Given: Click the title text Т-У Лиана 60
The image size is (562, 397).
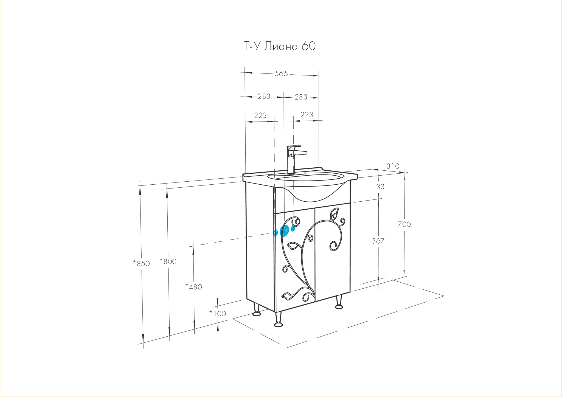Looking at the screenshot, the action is click(280, 46).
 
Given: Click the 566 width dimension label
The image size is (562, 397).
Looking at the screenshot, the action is click(281, 74).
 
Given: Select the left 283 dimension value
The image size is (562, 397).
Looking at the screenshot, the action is click(264, 96).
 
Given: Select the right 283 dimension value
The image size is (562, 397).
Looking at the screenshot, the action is click(301, 97).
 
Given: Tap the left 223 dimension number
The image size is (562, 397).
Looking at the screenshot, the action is click(260, 116).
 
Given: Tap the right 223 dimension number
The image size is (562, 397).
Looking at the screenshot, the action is click(307, 114).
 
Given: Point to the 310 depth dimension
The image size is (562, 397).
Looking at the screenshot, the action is click(393, 166).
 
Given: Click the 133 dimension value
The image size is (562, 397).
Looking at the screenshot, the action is click(378, 187).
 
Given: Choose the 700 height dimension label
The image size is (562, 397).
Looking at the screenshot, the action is click(404, 224).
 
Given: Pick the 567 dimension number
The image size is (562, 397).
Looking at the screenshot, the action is click(378, 241).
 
